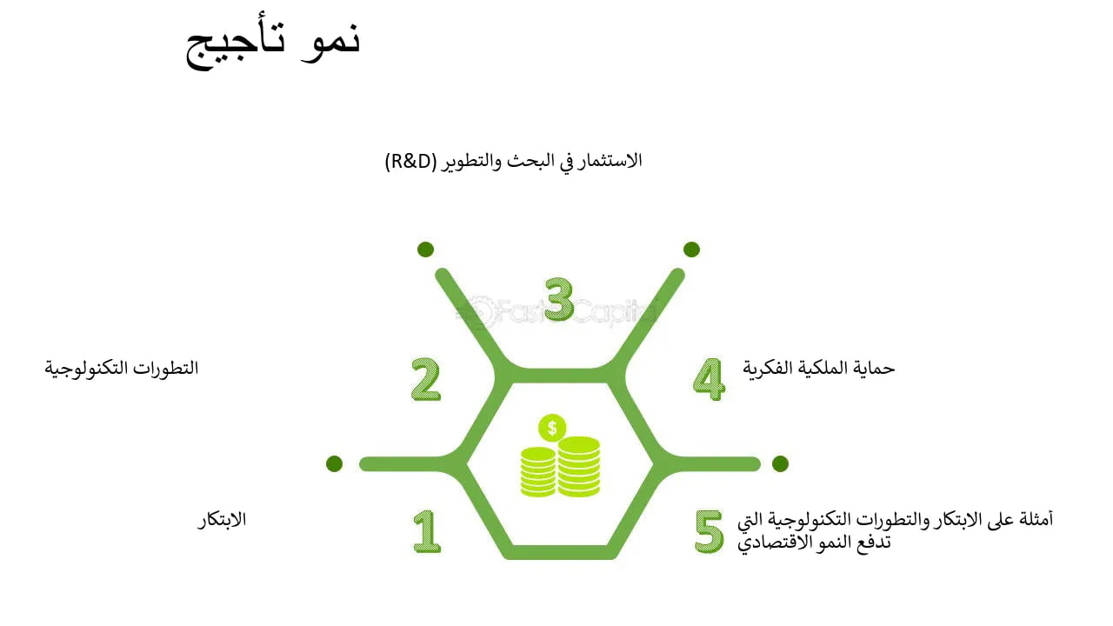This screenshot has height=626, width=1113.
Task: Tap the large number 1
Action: tap(426, 531)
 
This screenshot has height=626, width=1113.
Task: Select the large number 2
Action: tap(426, 380)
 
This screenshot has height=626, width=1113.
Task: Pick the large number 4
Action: tap(709, 380)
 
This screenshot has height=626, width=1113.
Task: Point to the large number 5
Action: tap(709, 531)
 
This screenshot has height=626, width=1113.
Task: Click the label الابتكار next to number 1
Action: tap(222, 520)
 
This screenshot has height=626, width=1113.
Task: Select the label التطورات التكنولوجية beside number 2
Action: tap(122, 368)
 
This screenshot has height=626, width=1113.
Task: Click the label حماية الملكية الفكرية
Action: tap(818, 368)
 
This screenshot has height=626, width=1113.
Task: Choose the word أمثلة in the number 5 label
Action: tap(1033, 520)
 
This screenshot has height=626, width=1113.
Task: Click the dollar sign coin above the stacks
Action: tap(552, 428)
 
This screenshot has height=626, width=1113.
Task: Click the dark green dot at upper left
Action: tap(425, 250)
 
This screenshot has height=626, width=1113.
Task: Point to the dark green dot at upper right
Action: tap(691, 250)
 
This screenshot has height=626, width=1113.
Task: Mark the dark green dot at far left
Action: tap(334, 463)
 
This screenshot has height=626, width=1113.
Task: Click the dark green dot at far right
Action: tap(780, 463)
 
